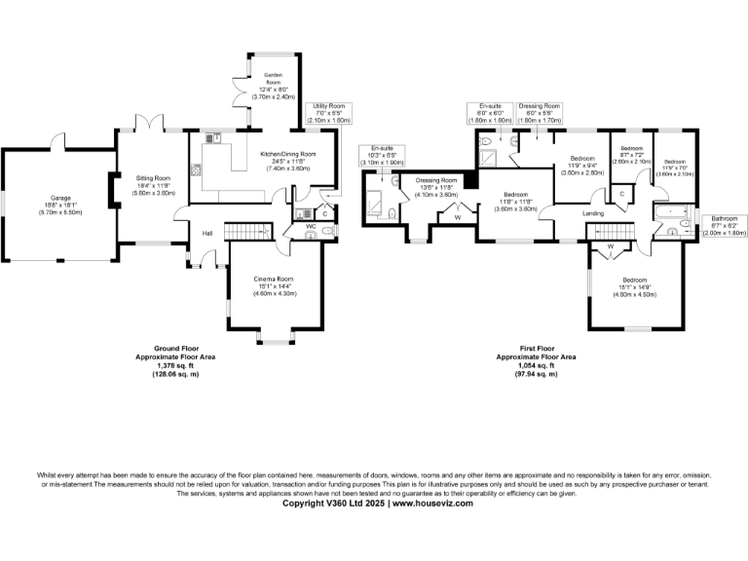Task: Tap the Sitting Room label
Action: point(153,185)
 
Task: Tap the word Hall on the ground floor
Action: point(207,234)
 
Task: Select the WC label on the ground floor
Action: point(312,226)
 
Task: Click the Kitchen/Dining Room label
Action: point(288,162)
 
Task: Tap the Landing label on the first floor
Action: point(593,213)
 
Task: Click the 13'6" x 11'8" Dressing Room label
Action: point(436,186)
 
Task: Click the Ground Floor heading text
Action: point(176,348)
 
